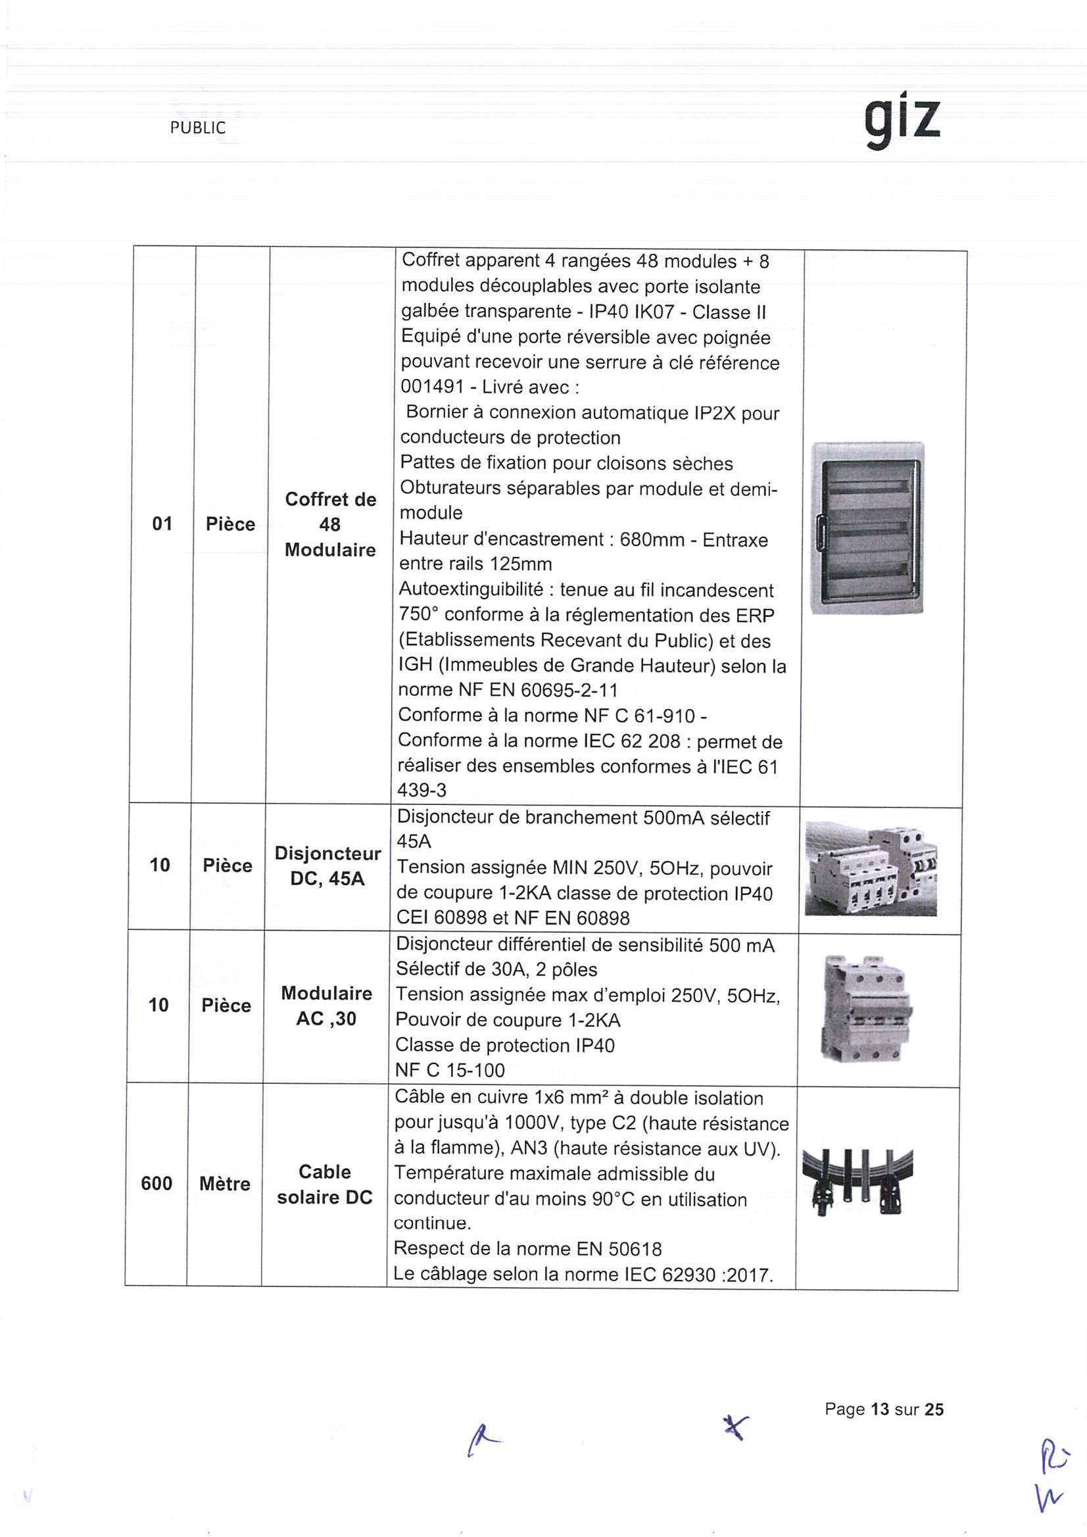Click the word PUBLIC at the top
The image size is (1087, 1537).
point(197,128)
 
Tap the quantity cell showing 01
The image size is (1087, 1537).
point(162,524)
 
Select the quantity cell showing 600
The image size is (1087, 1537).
point(157,1184)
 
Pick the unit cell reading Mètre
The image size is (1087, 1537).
point(225,1184)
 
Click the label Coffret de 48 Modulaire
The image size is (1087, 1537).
point(330,524)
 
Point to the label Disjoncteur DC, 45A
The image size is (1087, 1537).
point(327,866)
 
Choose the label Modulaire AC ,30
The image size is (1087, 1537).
point(327,1006)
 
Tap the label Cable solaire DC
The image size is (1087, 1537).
point(325,1184)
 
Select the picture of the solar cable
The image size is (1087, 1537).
point(857,1184)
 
